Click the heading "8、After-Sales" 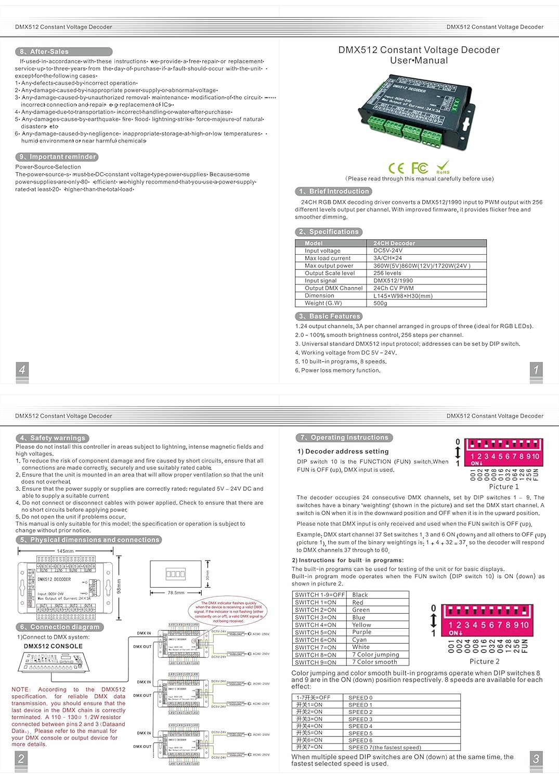(63, 51)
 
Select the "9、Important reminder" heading (57, 157)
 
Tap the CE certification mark (396, 168)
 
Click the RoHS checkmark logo (443, 167)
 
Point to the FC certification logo (420, 167)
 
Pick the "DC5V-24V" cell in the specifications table (388, 251)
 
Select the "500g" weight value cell (381, 303)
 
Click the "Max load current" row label (328, 258)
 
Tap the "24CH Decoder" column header (394, 243)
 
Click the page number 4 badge (22, 370)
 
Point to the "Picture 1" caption (503, 487)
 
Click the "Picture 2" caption (484, 661)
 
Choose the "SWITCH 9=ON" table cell (316, 662)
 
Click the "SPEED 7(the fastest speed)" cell (385, 747)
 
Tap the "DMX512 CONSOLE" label (53, 646)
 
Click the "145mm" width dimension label (65, 551)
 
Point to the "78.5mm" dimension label (176, 593)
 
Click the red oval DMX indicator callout (229, 612)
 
